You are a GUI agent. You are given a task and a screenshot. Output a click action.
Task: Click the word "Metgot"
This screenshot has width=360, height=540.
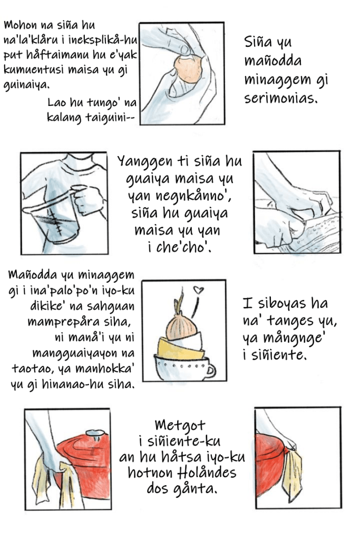click(x=180, y=426)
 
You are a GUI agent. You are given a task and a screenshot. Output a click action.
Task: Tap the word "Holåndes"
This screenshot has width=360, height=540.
click(x=208, y=472)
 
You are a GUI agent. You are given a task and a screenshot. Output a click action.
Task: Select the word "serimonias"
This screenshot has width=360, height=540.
click(x=281, y=99)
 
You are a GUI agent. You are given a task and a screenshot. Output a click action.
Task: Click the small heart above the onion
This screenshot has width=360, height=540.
click(x=198, y=291)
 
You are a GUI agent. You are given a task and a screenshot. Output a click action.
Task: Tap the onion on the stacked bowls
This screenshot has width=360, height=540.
click(x=181, y=324)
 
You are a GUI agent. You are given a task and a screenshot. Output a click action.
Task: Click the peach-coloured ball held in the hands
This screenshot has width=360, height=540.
click(x=188, y=69)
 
